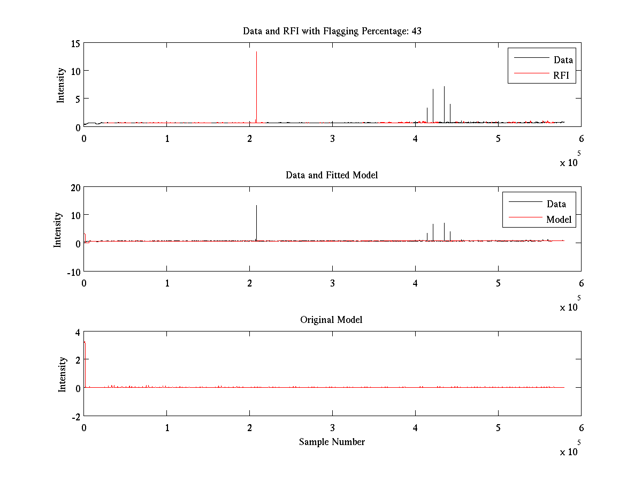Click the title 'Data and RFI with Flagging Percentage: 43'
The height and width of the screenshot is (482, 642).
(332, 31)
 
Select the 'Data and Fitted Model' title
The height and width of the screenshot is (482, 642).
(332, 175)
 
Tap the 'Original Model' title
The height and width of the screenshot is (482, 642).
(331, 320)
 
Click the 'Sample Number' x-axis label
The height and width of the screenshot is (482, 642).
(332, 442)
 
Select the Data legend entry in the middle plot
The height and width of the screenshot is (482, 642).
(556, 204)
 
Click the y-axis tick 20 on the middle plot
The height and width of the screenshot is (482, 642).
(74, 187)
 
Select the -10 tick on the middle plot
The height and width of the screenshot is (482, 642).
(73, 271)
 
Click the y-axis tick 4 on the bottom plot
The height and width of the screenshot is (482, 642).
(77, 332)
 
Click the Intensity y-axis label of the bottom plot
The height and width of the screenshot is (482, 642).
(63, 374)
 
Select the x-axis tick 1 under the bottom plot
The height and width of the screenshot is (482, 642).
(167, 428)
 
